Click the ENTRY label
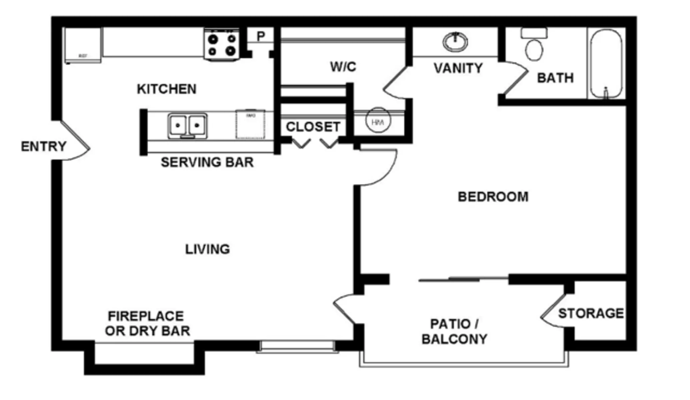point(44,147)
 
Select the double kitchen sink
point(187,126)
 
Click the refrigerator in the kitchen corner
point(83,45)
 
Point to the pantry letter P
point(261,36)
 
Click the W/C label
point(343,67)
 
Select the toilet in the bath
point(534,47)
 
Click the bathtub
point(606,63)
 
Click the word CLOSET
point(313,127)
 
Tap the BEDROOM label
point(493,197)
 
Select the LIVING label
point(207,249)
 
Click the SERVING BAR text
point(207,163)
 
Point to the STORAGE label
point(591,313)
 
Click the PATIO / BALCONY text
point(454,332)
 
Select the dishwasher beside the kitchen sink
point(250,124)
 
